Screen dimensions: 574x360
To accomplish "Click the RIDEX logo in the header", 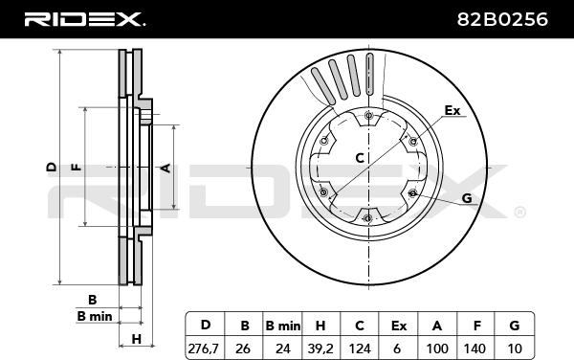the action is point(84,19).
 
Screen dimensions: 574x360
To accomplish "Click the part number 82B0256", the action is point(502,19).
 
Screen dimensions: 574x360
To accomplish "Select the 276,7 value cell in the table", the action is point(205,349).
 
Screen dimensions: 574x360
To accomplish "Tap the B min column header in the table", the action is point(282,326).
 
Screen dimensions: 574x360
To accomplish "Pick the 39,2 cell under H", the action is point(320,349).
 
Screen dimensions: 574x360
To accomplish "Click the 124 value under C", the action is point(360,349).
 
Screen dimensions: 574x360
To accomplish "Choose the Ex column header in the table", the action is point(399,326).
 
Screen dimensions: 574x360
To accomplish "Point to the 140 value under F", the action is point(475,349).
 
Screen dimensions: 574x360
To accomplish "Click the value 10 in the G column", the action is point(515,349).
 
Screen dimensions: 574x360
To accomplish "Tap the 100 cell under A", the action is point(437,349).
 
